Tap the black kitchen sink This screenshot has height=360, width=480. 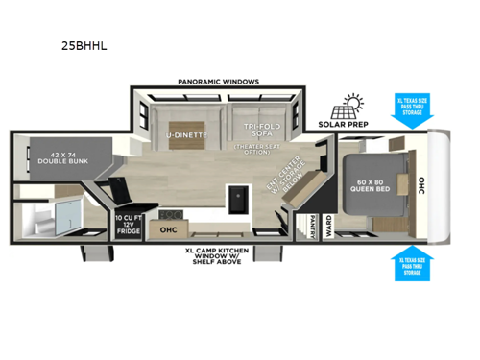point(236,199)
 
